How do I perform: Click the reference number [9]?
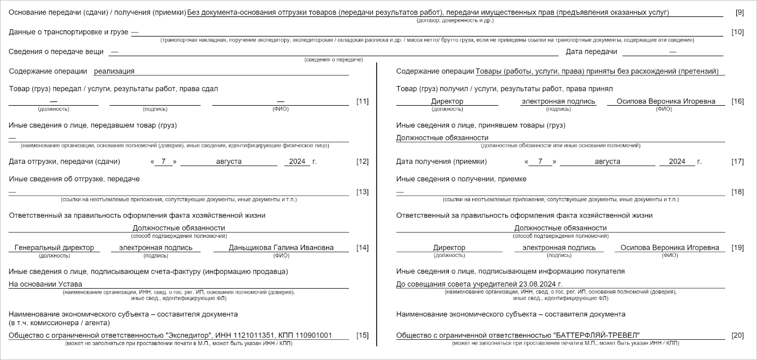pos(739,12)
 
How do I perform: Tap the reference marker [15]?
pos(362,335)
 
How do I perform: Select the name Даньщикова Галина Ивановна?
pos(281,247)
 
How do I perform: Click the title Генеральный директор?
pos(54,247)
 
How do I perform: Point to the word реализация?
pos(114,71)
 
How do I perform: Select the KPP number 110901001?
pos(314,335)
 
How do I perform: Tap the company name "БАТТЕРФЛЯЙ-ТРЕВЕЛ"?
pos(597,335)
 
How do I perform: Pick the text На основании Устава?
pos(45,284)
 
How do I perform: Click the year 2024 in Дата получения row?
pos(677,161)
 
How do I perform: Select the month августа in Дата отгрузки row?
pos(228,161)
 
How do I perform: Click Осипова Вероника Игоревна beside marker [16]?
pos(666,101)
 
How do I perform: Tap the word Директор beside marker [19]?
pos(449,247)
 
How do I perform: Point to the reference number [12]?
pos(362,161)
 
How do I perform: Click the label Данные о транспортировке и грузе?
pos(69,32)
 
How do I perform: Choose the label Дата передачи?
pos(591,52)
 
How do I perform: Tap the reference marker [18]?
pos(737,192)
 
